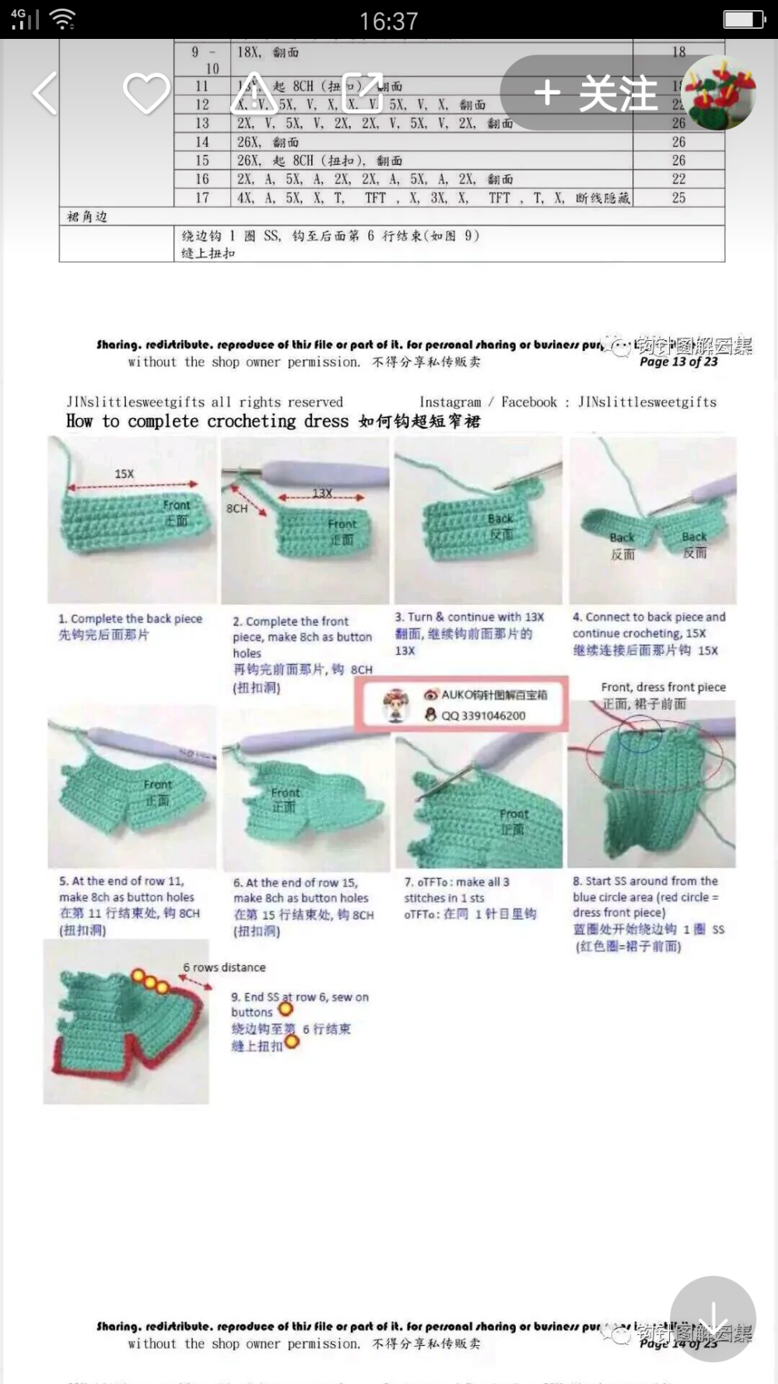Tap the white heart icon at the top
(x=146, y=93)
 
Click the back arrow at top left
(x=45, y=93)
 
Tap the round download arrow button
(x=713, y=1319)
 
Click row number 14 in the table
(x=202, y=142)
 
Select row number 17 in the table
(x=202, y=198)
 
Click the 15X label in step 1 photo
(x=124, y=474)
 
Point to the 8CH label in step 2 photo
(x=237, y=508)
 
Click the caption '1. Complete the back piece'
(x=130, y=619)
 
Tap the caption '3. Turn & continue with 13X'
(x=469, y=617)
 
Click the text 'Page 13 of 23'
(x=678, y=362)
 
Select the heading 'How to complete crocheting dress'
(x=208, y=421)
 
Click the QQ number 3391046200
(x=483, y=715)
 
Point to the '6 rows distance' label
(x=224, y=968)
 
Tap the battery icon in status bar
(x=744, y=19)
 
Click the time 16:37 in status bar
(x=389, y=21)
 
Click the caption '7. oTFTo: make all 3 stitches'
(x=457, y=890)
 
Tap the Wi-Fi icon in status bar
(x=62, y=19)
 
